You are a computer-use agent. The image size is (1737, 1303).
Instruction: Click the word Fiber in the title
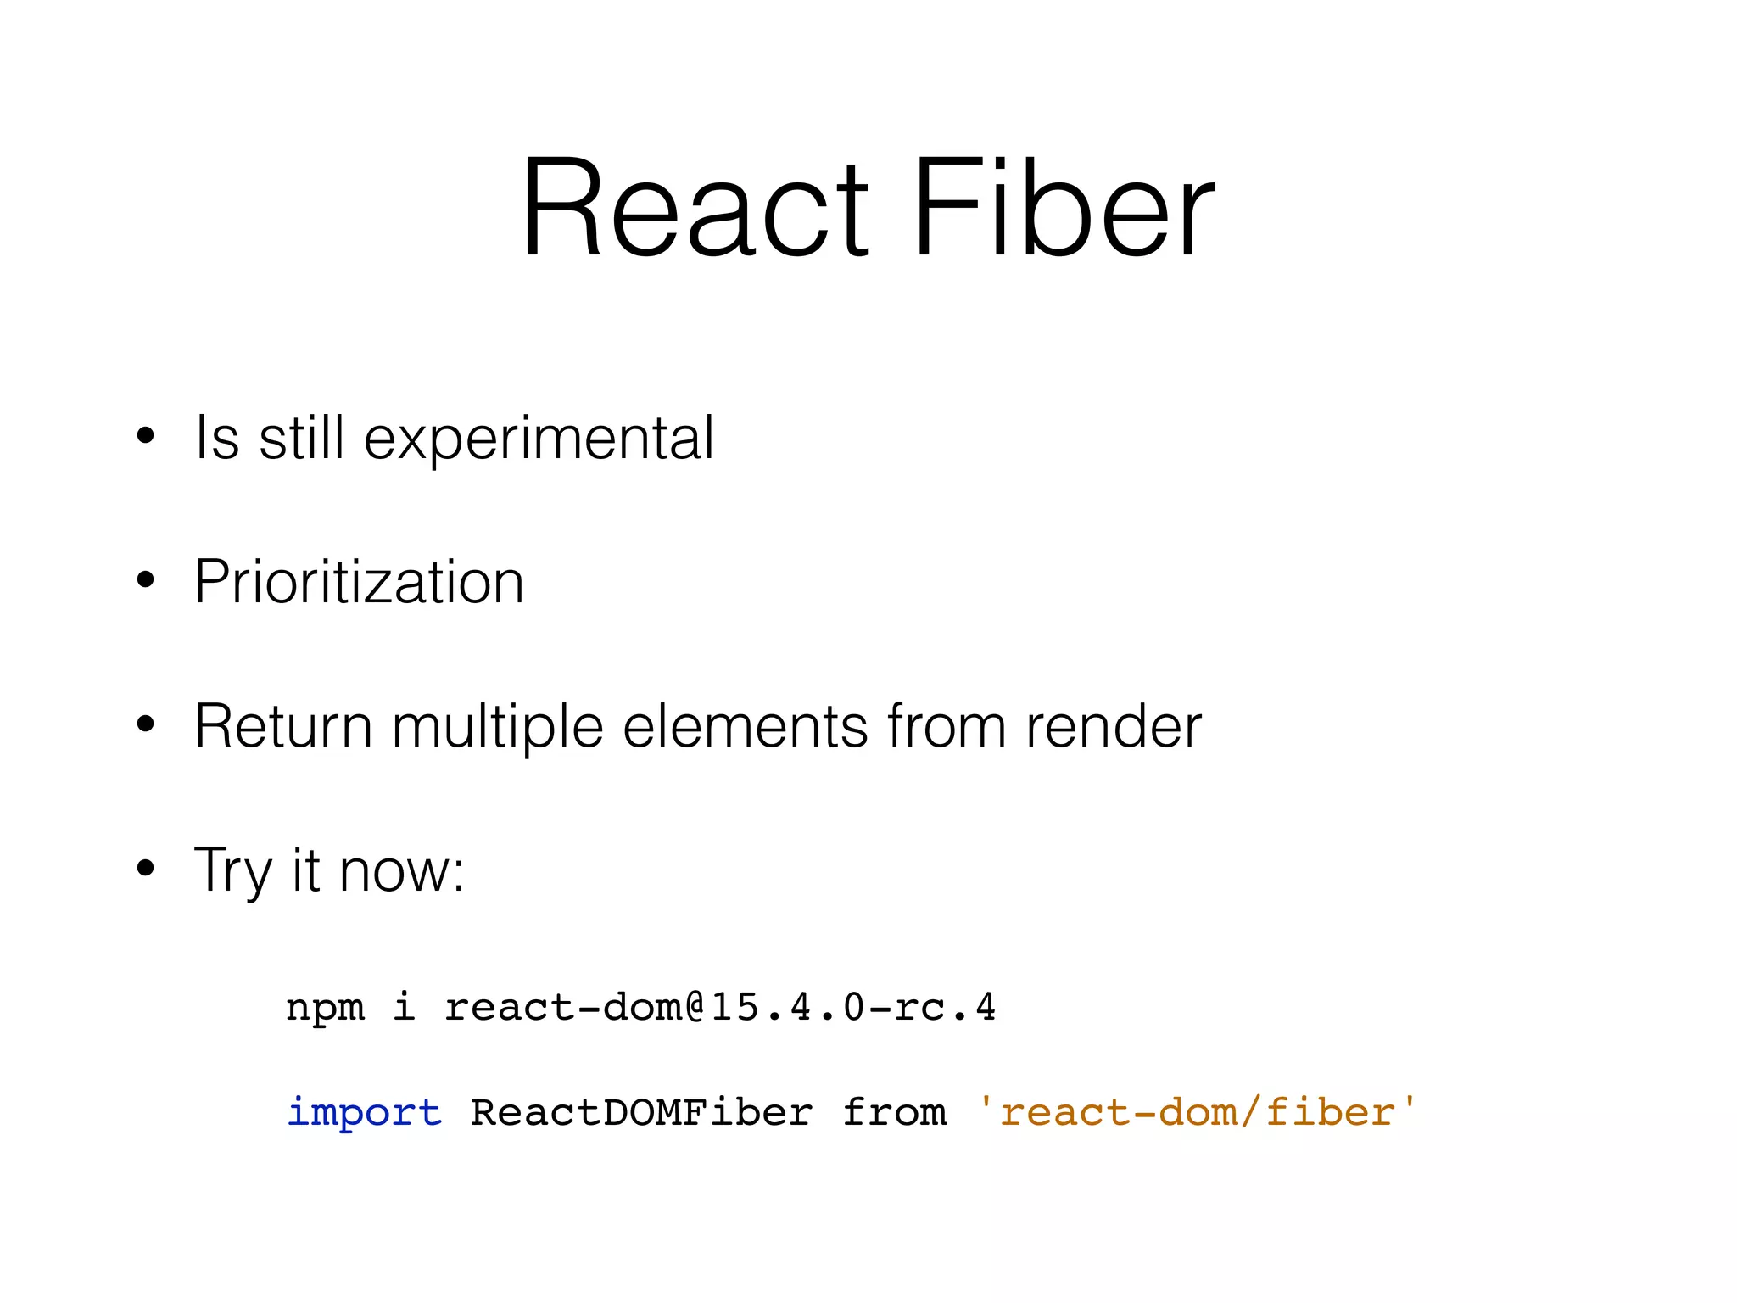(x=1064, y=208)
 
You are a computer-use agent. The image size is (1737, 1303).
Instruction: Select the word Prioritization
(x=359, y=583)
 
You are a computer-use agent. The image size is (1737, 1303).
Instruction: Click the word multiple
(x=498, y=727)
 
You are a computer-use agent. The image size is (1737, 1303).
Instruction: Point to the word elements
(x=746, y=727)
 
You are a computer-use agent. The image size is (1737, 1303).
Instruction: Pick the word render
(x=1113, y=727)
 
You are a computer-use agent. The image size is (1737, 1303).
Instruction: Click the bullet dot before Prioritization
(x=146, y=581)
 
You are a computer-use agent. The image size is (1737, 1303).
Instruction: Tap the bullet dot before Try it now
(x=146, y=869)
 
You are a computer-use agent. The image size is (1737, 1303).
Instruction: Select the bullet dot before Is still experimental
(x=146, y=437)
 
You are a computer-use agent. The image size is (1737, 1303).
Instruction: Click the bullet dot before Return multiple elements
(x=146, y=724)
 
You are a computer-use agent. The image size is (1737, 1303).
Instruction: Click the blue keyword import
(x=365, y=1112)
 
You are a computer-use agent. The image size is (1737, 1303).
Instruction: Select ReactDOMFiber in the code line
(x=641, y=1112)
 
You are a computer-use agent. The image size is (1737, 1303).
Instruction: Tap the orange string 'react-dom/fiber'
(x=1196, y=1112)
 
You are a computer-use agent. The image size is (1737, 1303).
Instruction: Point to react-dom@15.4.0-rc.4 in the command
(x=720, y=1008)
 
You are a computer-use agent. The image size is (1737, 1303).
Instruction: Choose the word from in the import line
(x=894, y=1112)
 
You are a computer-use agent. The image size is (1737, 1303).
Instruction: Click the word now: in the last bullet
(x=402, y=871)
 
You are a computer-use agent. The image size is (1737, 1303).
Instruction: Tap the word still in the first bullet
(x=301, y=439)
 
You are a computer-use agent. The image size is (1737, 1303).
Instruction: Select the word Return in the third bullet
(x=283, y=727)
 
